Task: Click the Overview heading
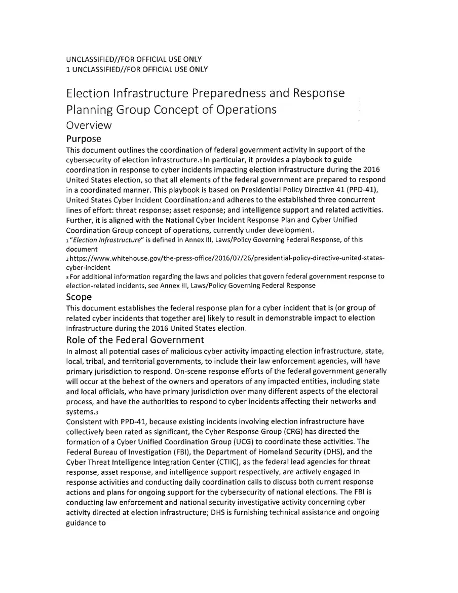pyautogui.click(x=89, y=125)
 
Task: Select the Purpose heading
pyautogui.click(x=84, y=139)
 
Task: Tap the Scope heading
pyautogui.click(x=79, y=297)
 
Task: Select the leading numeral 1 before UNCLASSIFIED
pyautogui.click(x=68, y=69)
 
